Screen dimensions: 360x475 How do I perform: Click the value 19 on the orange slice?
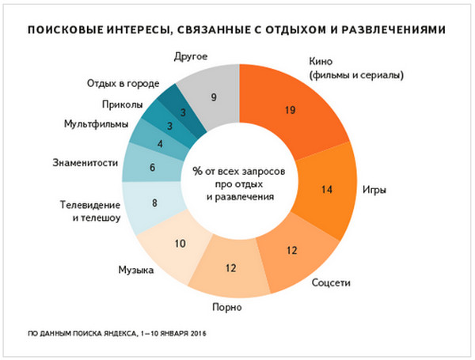pyautogui.click(x=289, y=110)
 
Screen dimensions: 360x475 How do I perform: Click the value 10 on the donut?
pyautogui.click(x=180, y=243)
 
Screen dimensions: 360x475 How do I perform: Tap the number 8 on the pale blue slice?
pyautogui.click(x=154, y=203)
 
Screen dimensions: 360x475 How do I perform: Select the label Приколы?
pyautogui.click(x=121, y=104)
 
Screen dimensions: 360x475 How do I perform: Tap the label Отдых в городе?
pyautogui.click(x=123, y=83)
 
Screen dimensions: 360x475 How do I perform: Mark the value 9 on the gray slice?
pyautogui.click(x=214, y=98)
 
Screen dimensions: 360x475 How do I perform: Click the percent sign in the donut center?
pyautogui.click(x=194, y=171)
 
